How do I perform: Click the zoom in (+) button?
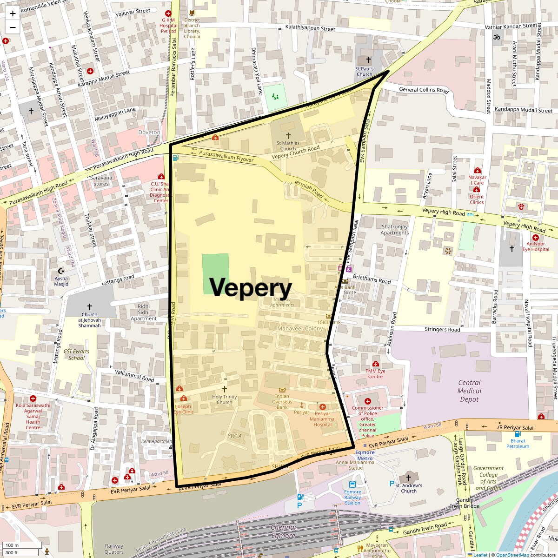13,13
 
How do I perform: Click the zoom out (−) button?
13,27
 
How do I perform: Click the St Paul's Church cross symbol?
369,60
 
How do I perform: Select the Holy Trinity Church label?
224,399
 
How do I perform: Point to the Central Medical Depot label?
469,391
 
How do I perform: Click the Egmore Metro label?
365,455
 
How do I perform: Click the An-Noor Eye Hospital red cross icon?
536,237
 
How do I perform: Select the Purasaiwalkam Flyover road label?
226,156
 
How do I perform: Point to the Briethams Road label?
372,279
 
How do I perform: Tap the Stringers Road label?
442,329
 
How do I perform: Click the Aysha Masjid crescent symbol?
61,271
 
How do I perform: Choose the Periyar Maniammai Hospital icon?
322,407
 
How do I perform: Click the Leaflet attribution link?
480,555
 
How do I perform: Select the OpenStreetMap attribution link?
512,555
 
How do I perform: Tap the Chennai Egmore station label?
283,531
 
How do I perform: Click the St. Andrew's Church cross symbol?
409,478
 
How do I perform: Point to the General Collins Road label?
424,90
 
